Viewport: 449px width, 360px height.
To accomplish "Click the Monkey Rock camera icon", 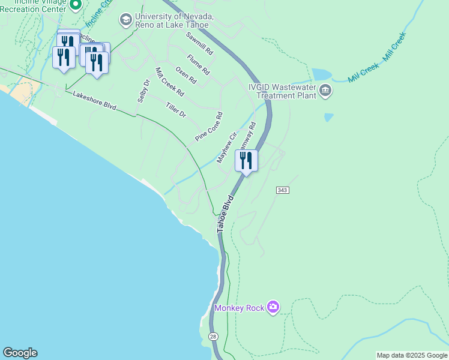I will (273, 307).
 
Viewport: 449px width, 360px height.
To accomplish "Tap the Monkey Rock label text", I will (240, 308).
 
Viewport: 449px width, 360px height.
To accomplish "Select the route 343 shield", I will (283, 190).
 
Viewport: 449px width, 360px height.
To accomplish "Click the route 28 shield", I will (214, 337).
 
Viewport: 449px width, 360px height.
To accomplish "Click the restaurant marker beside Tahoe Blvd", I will (246, 161).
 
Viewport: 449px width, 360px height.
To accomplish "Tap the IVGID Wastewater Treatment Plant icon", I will (325, 91).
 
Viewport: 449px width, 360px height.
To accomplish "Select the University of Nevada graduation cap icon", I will (125, 20).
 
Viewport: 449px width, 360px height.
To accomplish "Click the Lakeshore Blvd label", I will (94, 100).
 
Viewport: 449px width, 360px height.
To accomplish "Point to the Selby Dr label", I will (143, 91).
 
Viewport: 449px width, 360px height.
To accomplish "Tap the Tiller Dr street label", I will (176, 110).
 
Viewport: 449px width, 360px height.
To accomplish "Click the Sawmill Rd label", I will (199, 44).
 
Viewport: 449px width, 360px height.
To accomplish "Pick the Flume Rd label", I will (198, 64).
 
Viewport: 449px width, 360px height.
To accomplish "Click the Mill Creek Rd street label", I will (169, 83).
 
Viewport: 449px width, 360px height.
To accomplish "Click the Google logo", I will (20, 353).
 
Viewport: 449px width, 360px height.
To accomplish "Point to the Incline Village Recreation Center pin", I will (75, 5).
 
